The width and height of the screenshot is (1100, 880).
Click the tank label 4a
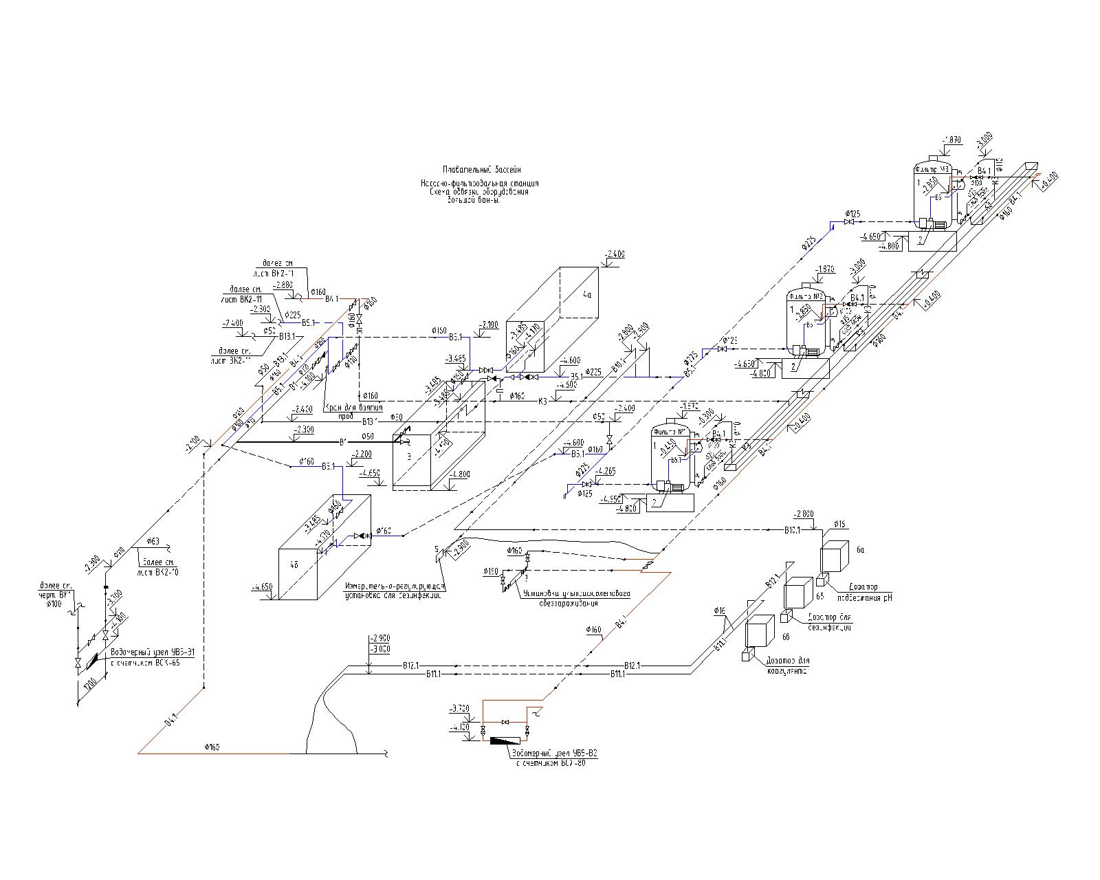click(x=586, y=295)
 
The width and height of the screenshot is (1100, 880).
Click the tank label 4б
click(x=294, y=564)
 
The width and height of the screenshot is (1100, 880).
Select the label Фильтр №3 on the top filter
click(x=932, y=168)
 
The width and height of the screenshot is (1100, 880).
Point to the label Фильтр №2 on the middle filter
click(x=808, y=296)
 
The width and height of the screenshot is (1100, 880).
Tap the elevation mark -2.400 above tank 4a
click(x=614, y=254)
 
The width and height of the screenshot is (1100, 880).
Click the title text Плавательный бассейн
click(x=482, y=169)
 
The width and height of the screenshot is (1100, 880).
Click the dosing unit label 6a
click(x=860, y=550)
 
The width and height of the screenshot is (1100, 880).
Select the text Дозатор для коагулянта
click(x=786, y=665)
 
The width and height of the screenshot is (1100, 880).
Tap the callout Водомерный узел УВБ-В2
click(x=555, y=753)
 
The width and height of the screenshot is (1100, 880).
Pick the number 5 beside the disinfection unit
click(x=436, y=549)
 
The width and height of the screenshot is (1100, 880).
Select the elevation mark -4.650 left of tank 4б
click(x=263, y=587)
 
